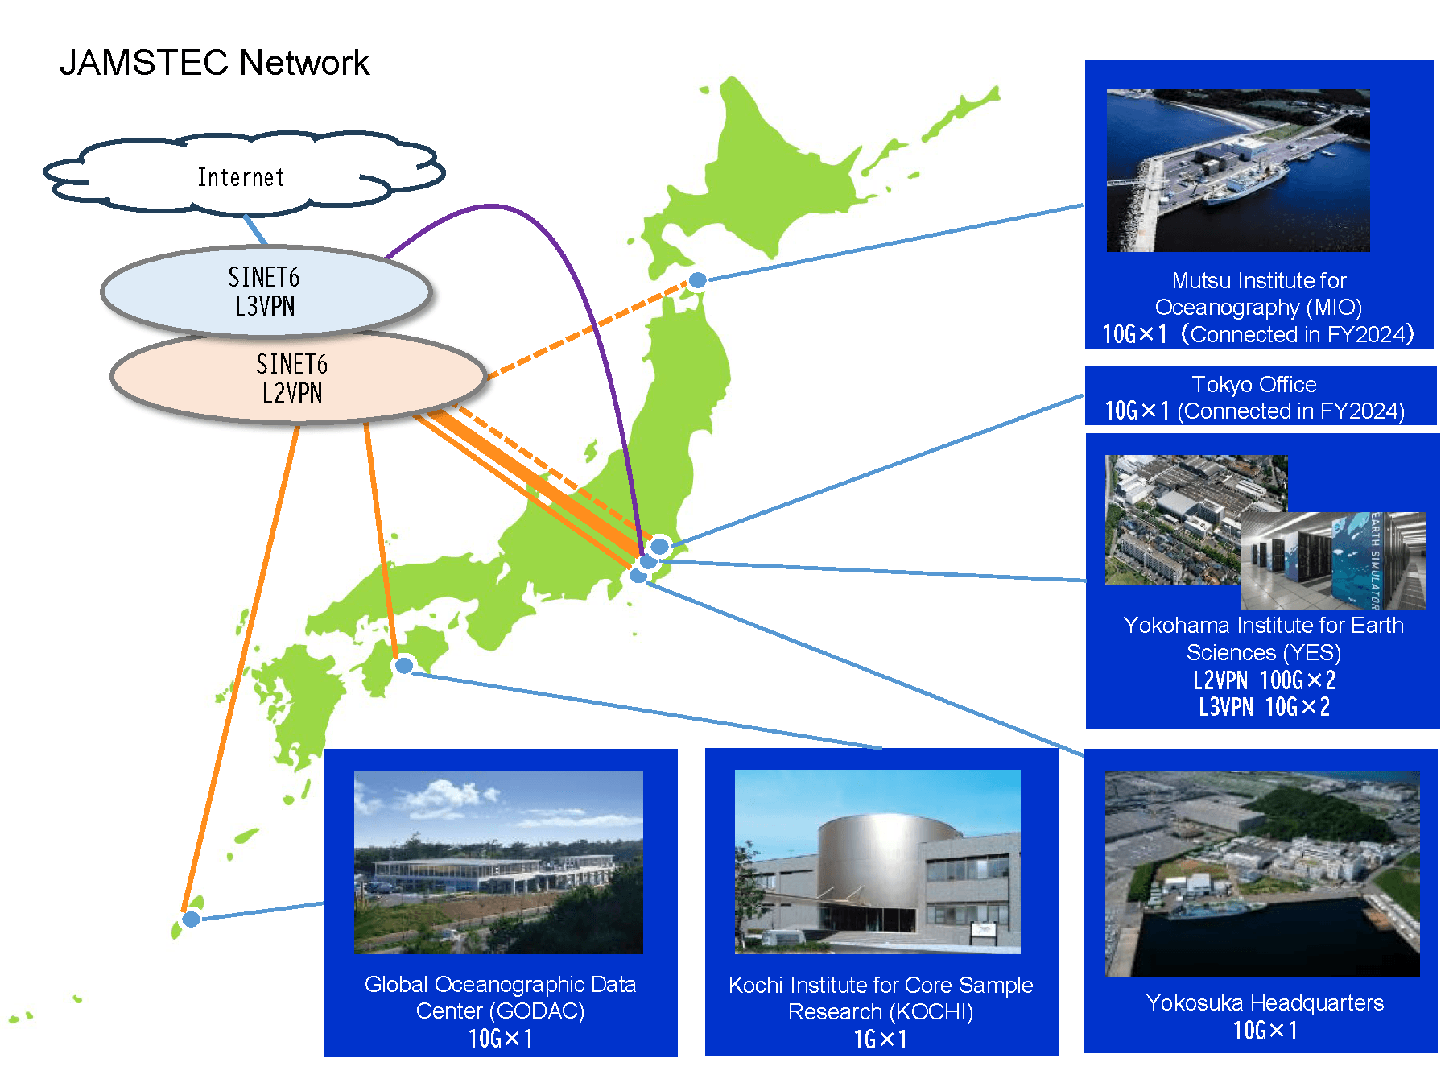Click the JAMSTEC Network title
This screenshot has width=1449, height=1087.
[x=214, y=63]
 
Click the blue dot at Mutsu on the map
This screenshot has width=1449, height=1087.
[x=698, y=280]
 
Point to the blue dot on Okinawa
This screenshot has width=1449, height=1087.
[x=191, y=919]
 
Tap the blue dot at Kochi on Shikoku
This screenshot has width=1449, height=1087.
[x=404, y=665]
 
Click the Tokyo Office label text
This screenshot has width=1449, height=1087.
[x=1254, y=385]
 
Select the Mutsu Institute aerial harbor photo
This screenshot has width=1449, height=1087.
[x=1238, y=171]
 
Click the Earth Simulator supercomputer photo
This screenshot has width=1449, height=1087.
[x=1333, y=562]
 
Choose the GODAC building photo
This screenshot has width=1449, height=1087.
[x=498, y=862]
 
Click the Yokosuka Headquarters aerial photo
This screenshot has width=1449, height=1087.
[x=1262, y=874]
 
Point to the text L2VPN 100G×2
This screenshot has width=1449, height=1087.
[x=1264, y=680]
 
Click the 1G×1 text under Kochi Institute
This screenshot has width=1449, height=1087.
[x=881, y=1039]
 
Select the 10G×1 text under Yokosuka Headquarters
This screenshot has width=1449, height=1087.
[x=1265, y=1031]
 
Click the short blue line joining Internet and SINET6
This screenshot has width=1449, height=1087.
[x=255, y=230]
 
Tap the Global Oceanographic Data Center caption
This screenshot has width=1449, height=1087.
[x=500, y=997]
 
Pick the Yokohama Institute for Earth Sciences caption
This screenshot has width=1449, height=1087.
[x=1263, y=639]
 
